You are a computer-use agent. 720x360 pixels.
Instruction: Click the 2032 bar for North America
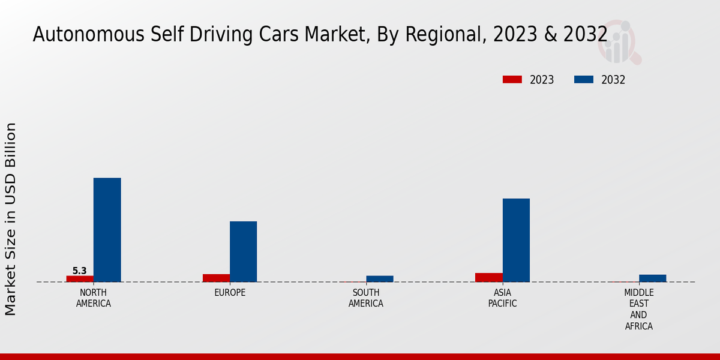coord(107,230)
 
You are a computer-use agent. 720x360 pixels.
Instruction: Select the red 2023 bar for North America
coord(80,278)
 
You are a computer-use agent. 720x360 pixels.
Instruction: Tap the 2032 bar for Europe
coord(243,251)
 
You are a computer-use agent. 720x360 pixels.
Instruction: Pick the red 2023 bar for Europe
coord(216,278)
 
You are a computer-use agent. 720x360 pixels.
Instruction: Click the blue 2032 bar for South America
coord(379,278)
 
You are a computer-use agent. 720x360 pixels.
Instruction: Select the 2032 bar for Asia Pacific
coord(516,240)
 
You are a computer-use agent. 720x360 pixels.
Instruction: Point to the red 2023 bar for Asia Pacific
coord(488,277)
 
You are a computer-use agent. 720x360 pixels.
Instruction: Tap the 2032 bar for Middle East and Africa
coord(652,278)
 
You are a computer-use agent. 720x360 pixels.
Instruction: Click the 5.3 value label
coord(80,271)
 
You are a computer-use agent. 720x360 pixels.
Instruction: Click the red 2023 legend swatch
coord(512,80)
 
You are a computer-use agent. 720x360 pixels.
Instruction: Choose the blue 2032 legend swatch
coord(584,80)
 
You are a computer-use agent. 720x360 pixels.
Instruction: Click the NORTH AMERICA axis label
coord(93,298)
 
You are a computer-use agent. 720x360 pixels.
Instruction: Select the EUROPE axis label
coord(230,293)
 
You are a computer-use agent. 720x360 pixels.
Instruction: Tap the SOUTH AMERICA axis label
coord(366,298)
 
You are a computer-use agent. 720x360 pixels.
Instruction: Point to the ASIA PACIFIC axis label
coord(502,298)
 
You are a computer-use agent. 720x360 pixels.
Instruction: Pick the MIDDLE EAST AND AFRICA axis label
coord(638,310)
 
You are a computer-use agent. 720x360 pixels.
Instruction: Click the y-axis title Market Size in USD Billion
coord(11,219)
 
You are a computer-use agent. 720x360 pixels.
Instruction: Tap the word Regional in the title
coord(443,34)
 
